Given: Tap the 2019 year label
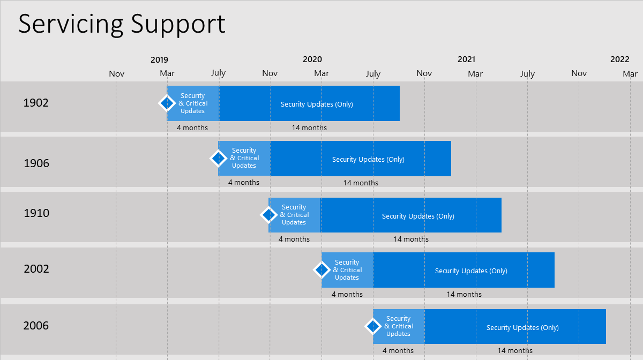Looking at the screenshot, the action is pyautogui.click(x=159, y=59).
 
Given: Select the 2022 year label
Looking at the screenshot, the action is pyautogui.click(x=620, y=59).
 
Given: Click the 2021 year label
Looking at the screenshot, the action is pyautogui.click(x=467, y=59).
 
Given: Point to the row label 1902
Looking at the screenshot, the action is pyautogui.click(x=36, y=103).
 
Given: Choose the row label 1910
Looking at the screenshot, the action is pyautogui.click(x=36, y=213).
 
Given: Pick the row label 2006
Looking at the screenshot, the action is pyautogui.click(x=36, y=326).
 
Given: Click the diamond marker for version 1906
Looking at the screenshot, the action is pyautogui.click(x=219, y=158).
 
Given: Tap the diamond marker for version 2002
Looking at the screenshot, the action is pyautogui.click(x=322, y=270).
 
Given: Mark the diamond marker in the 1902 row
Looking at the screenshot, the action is pyautogui.click(x=167, y=103).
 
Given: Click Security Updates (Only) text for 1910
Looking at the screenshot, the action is pyautogui.click(x=418, y=216).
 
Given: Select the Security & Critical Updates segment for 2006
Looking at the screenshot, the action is pyautogui.click(x=399, y=326).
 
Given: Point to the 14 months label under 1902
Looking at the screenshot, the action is pyautogui.click(x=309, y=127).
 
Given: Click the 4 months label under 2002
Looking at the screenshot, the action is pyautogui.click(x=347, y=294).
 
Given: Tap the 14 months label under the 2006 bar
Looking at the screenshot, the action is pyautogui.click(x=515, y=350).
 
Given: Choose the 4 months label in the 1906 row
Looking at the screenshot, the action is pyautogui.click(x=244, y=182).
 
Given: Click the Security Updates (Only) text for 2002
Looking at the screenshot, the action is pyautogui.click(x=471, y=271).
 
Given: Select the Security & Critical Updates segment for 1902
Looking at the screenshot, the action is pyautogui.click(x=193, y=103).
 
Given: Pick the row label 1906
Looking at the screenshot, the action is pyautogui.click(x=36, y=163).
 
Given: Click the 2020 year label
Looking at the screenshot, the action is pyautogui.click(x=312, y=59).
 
